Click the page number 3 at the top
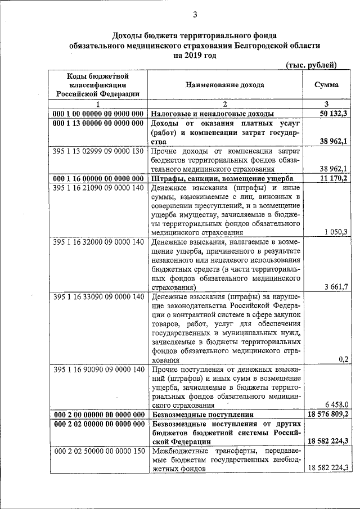[x=195, y=15]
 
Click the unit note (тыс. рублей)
[x=311, y=65]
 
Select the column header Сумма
[x=327, y=85]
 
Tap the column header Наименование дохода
[x=226, y=85]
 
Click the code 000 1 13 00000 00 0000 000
[x=98, y=123]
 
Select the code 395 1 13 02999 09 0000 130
[x=98, y=151]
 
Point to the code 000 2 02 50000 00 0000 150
[x=98, y=451]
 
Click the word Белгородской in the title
[x=253, y=44]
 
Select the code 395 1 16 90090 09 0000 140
[x=98, y=370]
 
